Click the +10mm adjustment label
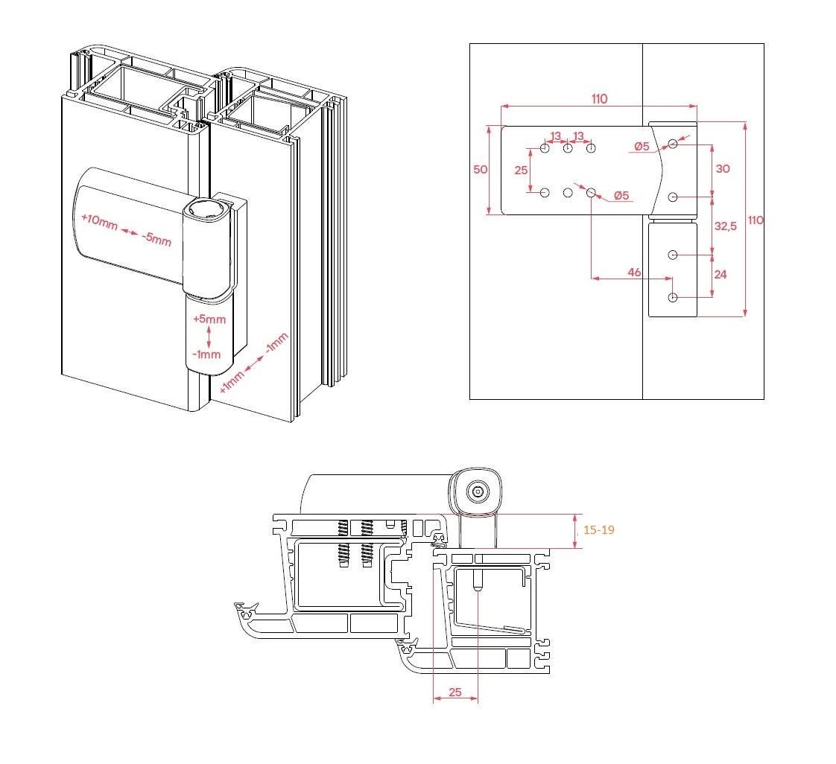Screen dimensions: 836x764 (x=99, y=221)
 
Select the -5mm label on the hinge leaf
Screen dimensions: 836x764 (x=156, y=238)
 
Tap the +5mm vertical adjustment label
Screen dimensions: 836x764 (x=209, y=319)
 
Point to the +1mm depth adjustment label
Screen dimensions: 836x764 (x=232, y=381)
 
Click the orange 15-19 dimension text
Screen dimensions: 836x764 (x=599, y=529)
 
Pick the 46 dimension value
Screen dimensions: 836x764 (x=634, y=273)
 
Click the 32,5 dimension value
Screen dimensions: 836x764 (x=726, y=226)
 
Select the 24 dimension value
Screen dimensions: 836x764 (x=721, y=274)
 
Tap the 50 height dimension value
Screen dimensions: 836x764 (x=481, y=170)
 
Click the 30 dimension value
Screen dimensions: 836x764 (x=723, y=169)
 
